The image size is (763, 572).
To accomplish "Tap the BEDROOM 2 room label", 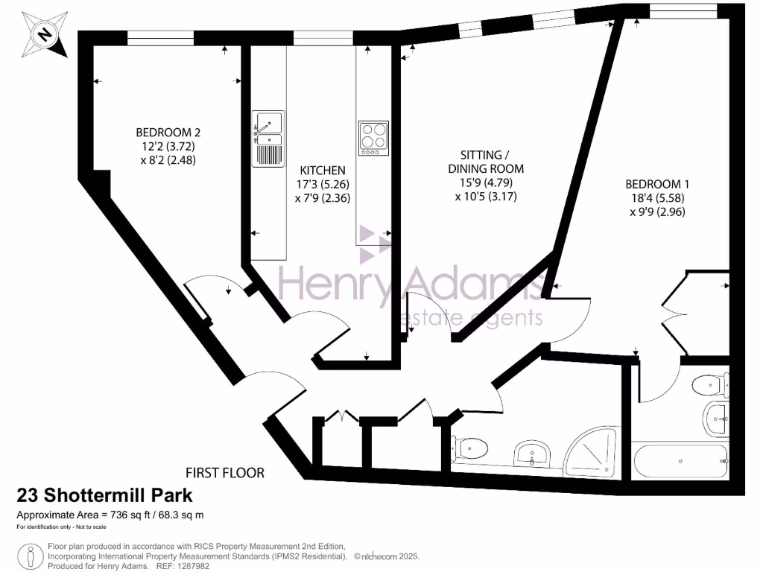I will pos(157,133).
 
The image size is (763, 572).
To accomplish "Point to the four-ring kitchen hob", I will pos(373,138).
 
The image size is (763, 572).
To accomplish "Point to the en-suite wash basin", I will pos(716,418).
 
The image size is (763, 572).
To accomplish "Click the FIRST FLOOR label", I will pos(225,472).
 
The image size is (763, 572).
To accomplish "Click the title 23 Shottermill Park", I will pos(104,495).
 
